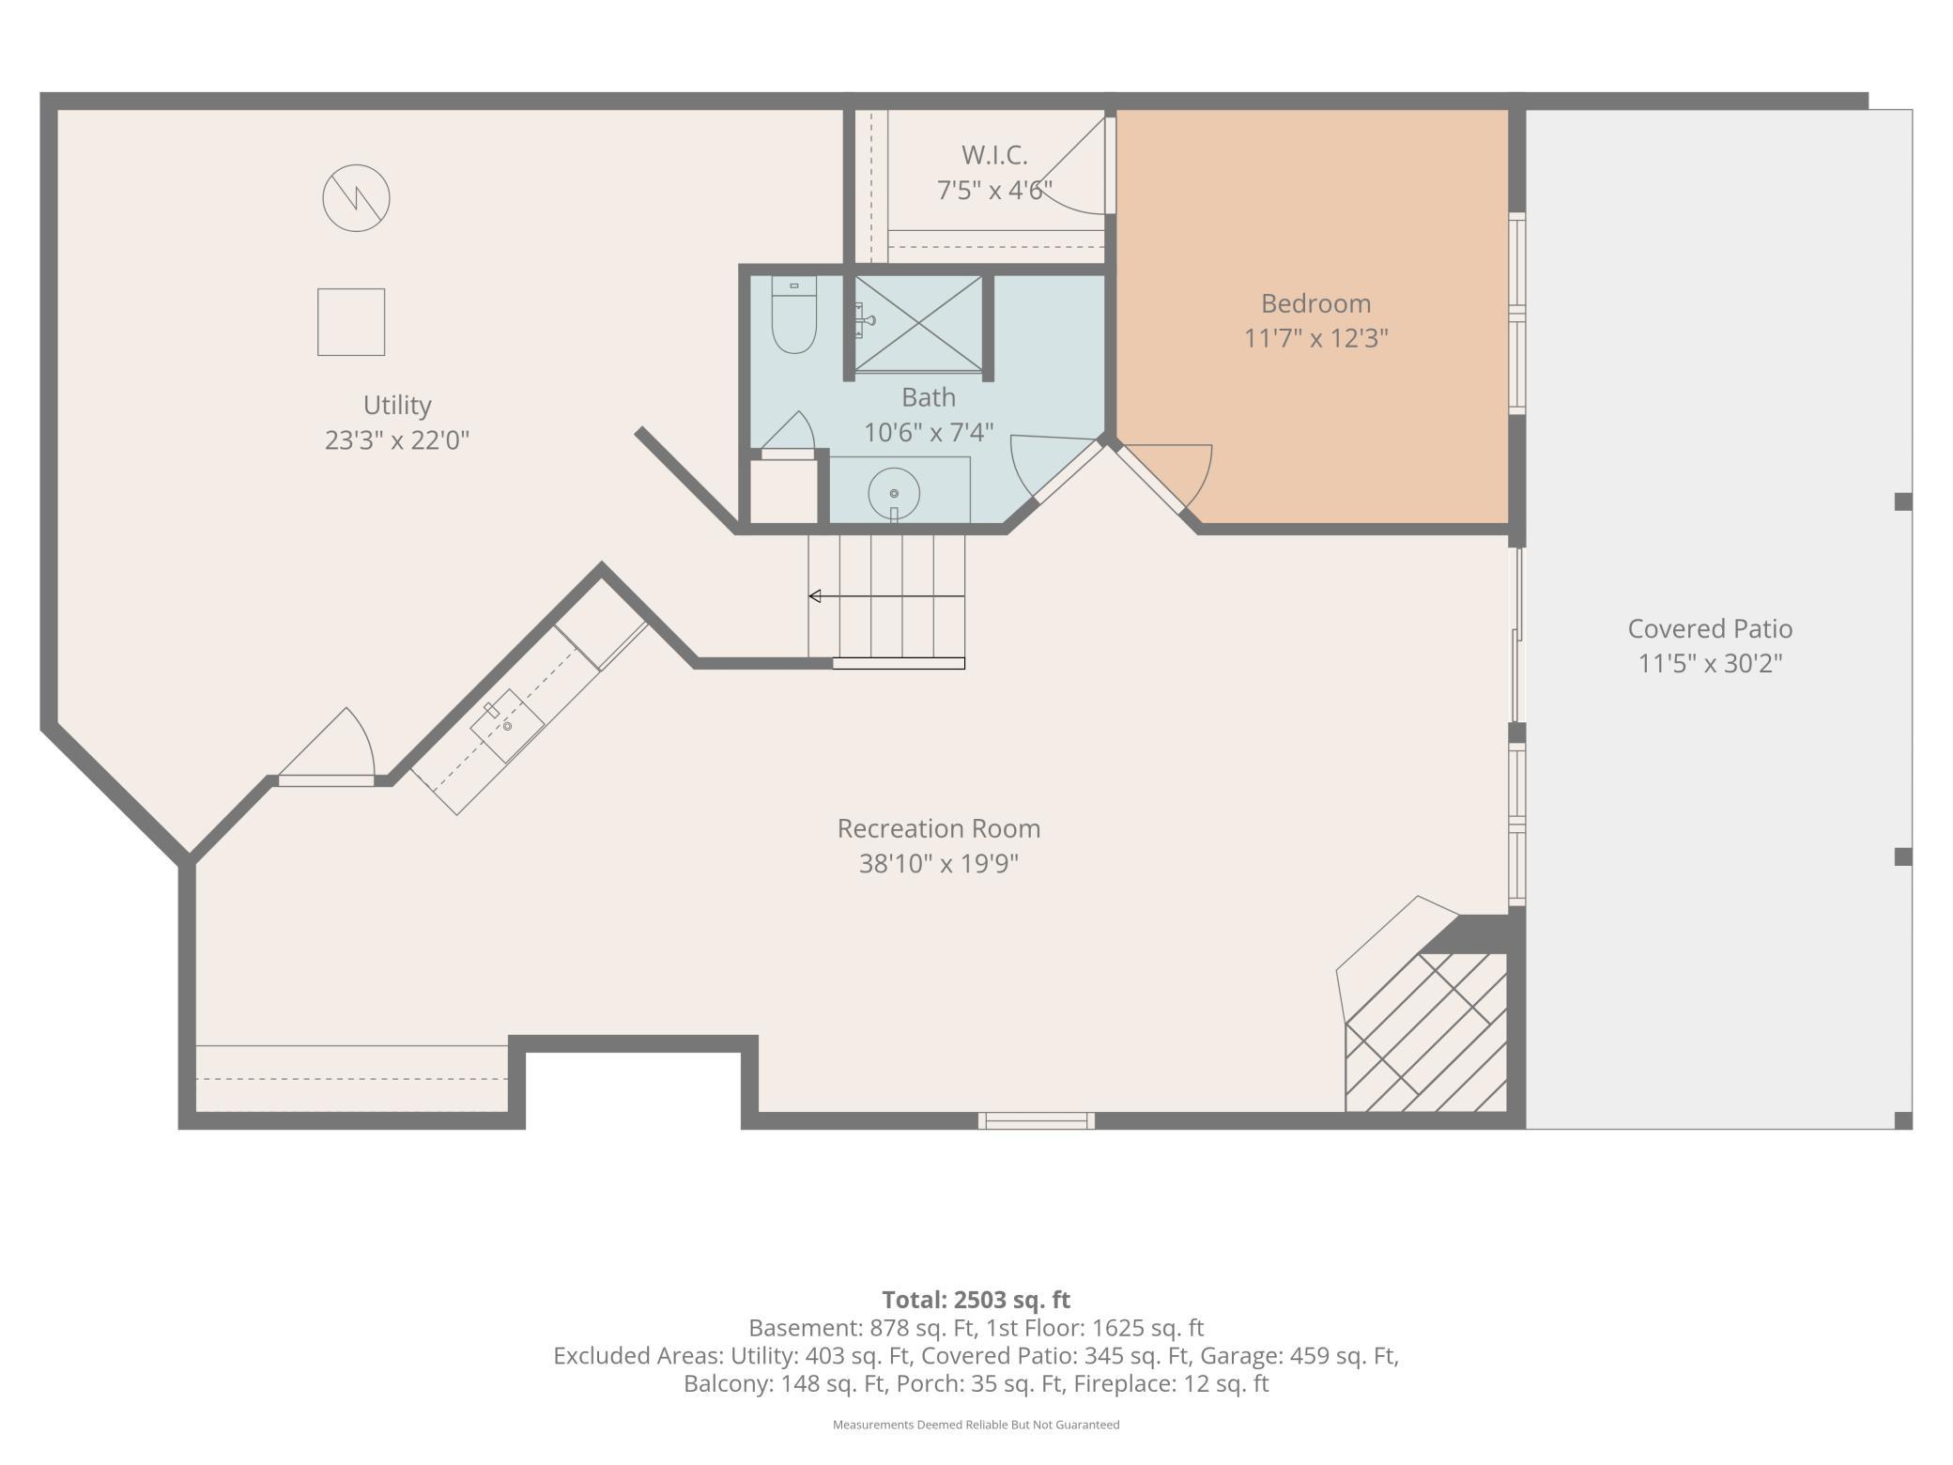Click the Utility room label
coord(397,405)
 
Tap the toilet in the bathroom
coord(793,315)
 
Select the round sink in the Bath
coord(893,493)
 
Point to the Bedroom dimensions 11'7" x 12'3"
coord(1315,338)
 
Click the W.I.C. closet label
coord(994,155)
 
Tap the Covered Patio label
coord(1710,628)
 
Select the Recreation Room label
coord(939,828)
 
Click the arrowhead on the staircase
coord(815,596)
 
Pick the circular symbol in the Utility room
coord(356,198)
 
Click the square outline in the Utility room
coord(351,322)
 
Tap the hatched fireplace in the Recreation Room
coord(1426,1032)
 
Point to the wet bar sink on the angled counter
coord(506,726)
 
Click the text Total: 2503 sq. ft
coord(976,1300)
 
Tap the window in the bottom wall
coord(1037,1120)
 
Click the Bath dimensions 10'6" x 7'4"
coord(929,432)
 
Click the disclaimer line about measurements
coord(976,1425)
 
